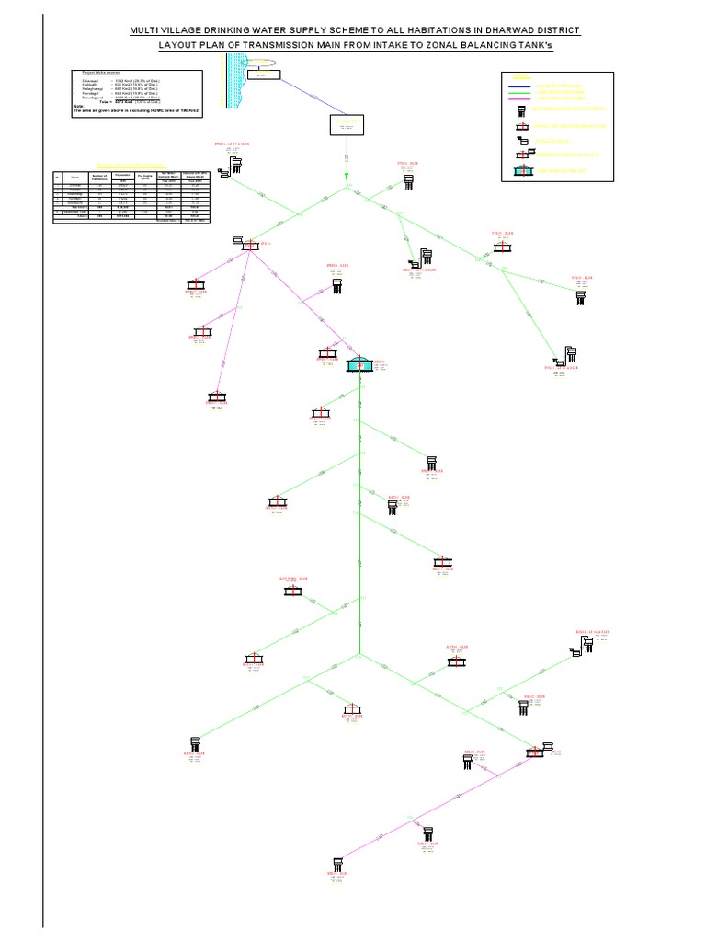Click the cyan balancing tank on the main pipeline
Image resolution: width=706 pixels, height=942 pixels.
(x=361, y=364)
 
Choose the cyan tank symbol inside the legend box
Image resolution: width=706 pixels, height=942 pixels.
(x=524, y=170)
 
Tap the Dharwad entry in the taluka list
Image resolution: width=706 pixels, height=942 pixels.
(x=86, y=81)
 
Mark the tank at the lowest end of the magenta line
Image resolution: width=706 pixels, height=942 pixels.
(x=338, y=862)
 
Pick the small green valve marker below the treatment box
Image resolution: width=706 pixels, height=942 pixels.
(x=347, y=173)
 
